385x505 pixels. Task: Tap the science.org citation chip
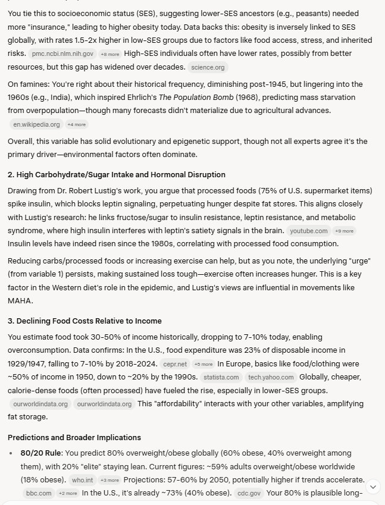click(x=208, y=67)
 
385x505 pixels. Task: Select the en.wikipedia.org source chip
click(x=36, y=124)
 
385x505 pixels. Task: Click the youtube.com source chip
click(x=308, y=231)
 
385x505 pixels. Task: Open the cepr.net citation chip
click(x=174, y=364)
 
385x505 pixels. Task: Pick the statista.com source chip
click(x=221, y=377)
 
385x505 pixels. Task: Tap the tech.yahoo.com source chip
click(x=271, y=377)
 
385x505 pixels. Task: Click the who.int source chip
click(x=82, y=480)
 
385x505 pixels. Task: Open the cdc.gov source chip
click(x=248, y=493)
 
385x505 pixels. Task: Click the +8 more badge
click(x=110, y=54)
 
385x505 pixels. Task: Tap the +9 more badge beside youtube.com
click(x=344, y=231)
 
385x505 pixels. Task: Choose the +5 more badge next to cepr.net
click(x=203, y=364)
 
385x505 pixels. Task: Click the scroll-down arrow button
click(x=373, y=487)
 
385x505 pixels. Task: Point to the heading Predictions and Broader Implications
click(x=74, y=437)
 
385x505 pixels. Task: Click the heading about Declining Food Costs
click(x=84, y=321)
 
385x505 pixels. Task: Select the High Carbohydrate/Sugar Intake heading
click(x=117, y=174)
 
